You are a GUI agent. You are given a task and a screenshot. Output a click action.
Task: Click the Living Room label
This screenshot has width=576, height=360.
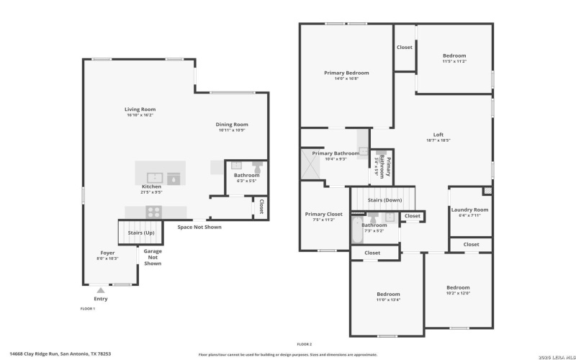click(x=140, y=109)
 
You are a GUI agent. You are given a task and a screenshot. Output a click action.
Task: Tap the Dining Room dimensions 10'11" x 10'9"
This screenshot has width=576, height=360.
click(x=232, y=130)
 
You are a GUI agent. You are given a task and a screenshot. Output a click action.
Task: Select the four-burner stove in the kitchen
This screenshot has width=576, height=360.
click(x=153, y=211)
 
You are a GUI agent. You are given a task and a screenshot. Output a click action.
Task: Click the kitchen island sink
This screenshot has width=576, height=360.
click(x=154, y=176)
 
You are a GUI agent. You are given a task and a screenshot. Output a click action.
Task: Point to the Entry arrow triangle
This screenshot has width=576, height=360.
click(x=100, y=289)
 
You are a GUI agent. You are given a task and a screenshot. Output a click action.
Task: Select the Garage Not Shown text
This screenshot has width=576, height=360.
click(x=153, y=257)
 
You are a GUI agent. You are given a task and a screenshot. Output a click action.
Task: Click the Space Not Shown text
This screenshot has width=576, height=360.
click(x=199, y=227)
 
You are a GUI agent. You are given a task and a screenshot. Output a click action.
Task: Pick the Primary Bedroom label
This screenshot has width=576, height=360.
click(x=346, y=73)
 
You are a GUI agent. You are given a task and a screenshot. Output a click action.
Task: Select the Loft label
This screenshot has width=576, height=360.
click(x=438, y=135)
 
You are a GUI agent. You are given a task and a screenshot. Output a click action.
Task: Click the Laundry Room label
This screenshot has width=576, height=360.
click(x=469, y=210)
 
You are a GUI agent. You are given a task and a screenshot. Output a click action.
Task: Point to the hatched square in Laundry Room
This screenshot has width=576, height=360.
click(x=487, y=191)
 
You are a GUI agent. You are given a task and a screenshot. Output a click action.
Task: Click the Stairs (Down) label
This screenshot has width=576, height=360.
click(x=384, y=199)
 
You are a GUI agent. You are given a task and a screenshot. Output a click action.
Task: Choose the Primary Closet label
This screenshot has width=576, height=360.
click(x=323, y=214)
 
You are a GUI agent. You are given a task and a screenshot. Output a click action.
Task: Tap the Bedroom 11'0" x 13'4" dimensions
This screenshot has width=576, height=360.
click(x=387, y=300)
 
